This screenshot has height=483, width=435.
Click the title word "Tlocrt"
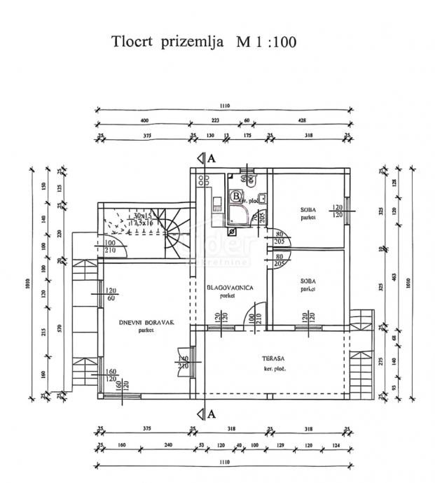pyautogui.click(x=134, y=42)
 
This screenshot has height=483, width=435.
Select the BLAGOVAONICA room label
pyautogui.click(x=229, y=288)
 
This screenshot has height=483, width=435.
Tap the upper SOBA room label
pyautogui.click(x=307, y=209)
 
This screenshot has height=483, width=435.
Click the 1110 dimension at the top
pyautogui.click(x=224, y=106)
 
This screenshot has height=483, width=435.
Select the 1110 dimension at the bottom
pyautogui.click(x=224, y=463)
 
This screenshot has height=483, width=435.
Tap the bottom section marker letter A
pyautogui.click(x=211, y=414)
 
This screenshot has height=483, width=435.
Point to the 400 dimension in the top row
pyautogui.click(x=144, y=120)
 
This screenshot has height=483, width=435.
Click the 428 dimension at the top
pyautogui.click(x=302, y=120)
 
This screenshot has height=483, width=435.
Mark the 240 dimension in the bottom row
pyautogui.click(x=167, y=445)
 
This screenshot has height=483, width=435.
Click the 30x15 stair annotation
pyautogui.click(x=143, y=216)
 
